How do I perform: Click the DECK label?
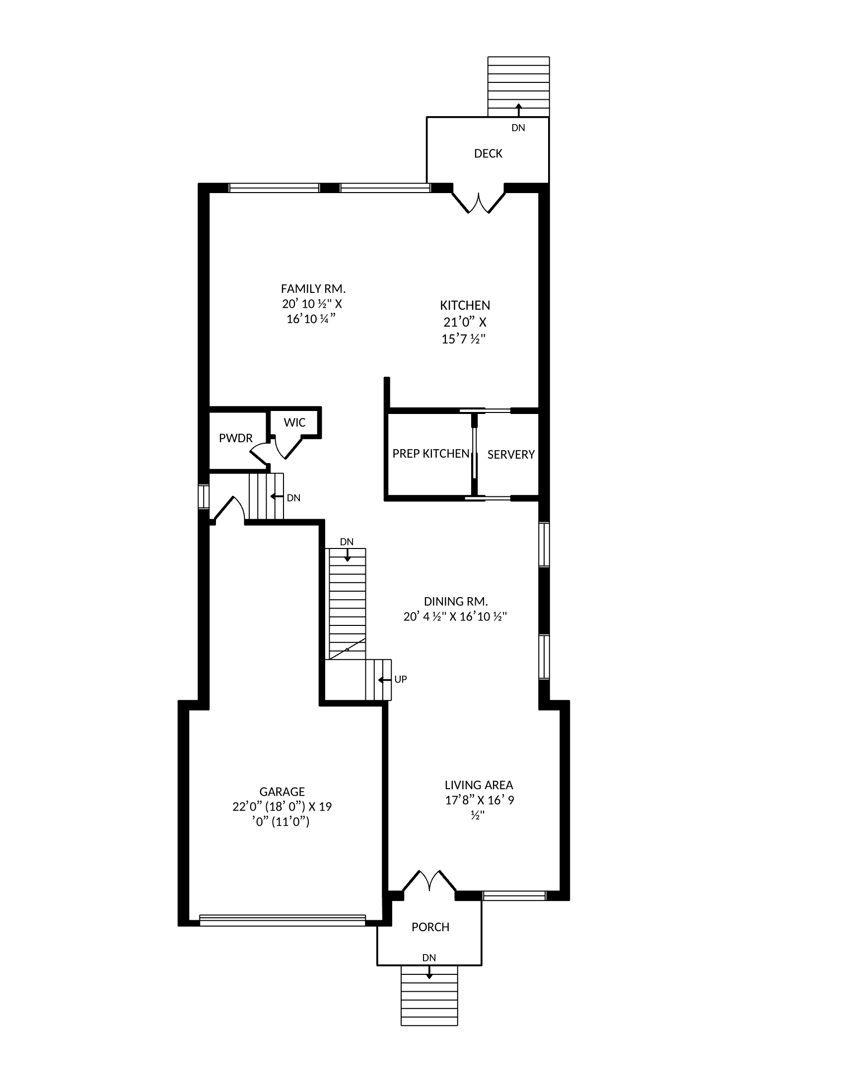coord(488,153)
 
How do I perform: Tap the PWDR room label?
coord(235,438)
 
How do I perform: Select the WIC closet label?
coord(294,422)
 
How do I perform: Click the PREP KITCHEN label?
coord(431,454)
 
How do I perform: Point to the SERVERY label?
coord(511,455)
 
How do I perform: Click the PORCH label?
coord(430,927)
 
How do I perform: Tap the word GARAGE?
coord(282,792)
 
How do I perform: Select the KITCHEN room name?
coord(465,305)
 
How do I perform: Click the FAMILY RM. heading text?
coord(313,288)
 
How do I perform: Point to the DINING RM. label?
coord(455,602)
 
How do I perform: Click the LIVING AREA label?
coord(479,785)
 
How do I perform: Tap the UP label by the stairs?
coord(401,680)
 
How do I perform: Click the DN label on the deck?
coord(518,128)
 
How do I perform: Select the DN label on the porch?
coord(429,958)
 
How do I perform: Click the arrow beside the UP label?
coord(384,680)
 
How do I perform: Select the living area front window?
coord(514,895)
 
